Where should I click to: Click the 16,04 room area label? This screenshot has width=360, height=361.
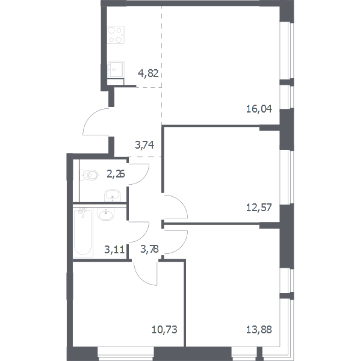pyautogui.click(x=259, y=109)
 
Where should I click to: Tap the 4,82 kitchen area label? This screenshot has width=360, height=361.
pyautogui.click(x=148, y=73)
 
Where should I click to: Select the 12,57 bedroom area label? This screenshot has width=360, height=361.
pyautogui.click(x=259, y=208)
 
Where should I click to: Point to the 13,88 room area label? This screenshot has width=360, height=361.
pyautogui.click(x=259, y=330)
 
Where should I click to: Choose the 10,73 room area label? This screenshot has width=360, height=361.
pyautogui.click(x=164, y=330)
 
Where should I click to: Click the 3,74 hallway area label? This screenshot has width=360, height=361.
pyautogui.click(x=144, y=145)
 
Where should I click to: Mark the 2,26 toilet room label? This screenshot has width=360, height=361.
pyautogui.click(x=116, y=174)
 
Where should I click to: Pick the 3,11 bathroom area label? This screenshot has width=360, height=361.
pyautogui.click(x=114, y=249)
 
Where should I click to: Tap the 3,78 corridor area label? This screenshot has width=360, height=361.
pyautogui.click(x=149, y=249)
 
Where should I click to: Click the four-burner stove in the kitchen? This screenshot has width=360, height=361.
pyautogui.click(x=116, y=35)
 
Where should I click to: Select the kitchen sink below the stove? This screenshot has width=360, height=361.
pyautogui.click(x=116, y=69)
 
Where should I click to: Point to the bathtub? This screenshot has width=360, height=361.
pyautogui.click(x=83, y=232)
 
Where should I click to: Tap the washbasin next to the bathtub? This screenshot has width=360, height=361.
pyautogui.click(x=106, y=214)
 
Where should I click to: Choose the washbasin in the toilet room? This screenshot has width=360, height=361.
pyautogui.click(x=113, y=196)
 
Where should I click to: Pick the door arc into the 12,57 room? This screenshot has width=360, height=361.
pyautogui.click(x=181, y=202)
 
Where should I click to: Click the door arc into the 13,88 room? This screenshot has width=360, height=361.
pyautogui.click(x=181, y=247)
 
